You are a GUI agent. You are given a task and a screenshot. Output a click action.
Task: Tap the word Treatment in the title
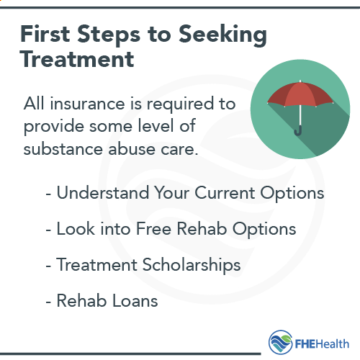(77, 60)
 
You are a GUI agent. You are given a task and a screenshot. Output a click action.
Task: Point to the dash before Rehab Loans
(49, 301)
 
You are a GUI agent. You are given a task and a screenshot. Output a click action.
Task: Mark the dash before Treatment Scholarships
(49, 266)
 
